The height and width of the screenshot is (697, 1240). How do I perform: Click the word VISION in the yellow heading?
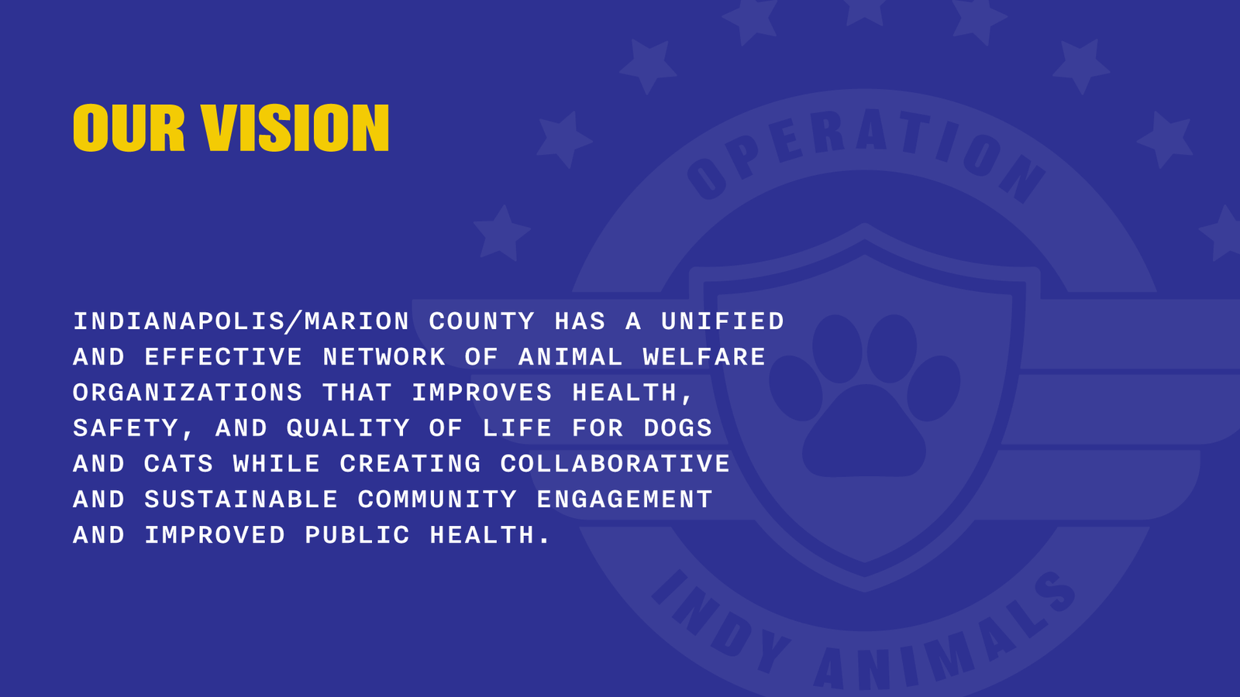[295, 129]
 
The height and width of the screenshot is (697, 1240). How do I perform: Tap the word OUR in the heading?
[129, 129]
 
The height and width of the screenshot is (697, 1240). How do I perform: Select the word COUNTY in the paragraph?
[481, 321]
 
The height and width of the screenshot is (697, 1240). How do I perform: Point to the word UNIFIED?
[722, 321]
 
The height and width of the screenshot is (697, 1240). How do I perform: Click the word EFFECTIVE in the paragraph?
[223, 357]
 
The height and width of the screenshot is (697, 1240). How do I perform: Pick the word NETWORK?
[384, 357]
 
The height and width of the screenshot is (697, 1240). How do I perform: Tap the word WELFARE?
[704, 357]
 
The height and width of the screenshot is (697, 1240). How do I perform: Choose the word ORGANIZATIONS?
[188, 393]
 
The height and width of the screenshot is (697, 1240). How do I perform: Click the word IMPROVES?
[481, 393]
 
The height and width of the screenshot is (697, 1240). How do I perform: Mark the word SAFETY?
[126, 428]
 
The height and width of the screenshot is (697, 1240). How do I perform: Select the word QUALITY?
[348, 428]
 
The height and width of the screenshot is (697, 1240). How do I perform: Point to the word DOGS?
[677, 428]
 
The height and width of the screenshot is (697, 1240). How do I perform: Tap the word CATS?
[178, 464]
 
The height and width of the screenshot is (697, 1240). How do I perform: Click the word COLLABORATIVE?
[615, 464]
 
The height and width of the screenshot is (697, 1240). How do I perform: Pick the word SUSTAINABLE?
[241, 500]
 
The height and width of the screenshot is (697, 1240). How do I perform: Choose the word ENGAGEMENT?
[624, 500]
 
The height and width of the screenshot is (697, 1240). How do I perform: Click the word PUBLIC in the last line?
[356, 535]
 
